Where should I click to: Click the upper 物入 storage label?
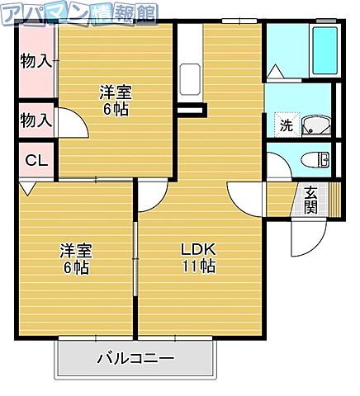pyautogui.click(x=36, y=60)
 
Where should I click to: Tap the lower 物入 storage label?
pyautogui.click(x=36, y=120)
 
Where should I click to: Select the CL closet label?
pyautogui.click(x=35, y=160)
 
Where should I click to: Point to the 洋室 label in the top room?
pyautogui.click(x=115, y=92)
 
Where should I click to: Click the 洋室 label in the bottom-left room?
pyautogui.click(x=74, y=251)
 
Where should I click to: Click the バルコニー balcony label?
pyautogui.click(x=135, y=359)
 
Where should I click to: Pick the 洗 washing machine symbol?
pyautogui.click(x=285, y=126)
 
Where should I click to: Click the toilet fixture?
pyautogui.click(x=315, y=159)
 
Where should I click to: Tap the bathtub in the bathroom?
pyautogui.click(x=324, y=51)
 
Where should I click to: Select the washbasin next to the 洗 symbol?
pyautogui.click(x=315, y=125)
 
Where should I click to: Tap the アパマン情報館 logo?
pyautogui.click(x=78, y=13)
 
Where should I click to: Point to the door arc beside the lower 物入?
pyautogui.click(x=71, y=125)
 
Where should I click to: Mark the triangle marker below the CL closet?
pyautogui.click(x=27, y=189)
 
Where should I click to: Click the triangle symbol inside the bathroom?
pyautogui.click(x=275, y=73)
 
